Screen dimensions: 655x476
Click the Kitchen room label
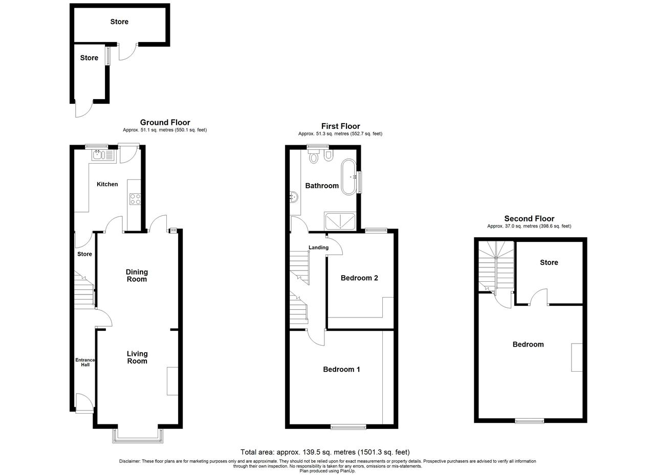pos(107,184)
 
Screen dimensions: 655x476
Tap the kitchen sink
pos(104,155)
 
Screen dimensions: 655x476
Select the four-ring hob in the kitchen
pos(135,199)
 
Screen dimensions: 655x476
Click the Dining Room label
pos(137,276)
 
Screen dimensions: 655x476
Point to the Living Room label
pos(137,357)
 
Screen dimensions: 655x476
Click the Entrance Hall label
pos(85,362)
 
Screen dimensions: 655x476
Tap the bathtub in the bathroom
pos(348,177)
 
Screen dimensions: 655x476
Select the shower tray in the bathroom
pos(340,221)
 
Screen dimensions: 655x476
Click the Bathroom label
pos(322,186)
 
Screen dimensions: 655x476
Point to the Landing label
pos(318,247)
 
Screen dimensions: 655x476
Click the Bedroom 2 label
pos(359,278)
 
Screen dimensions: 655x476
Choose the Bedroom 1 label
pos(341,369)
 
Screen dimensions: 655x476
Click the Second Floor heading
pos(529,218)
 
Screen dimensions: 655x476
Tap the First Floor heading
pos(341,126)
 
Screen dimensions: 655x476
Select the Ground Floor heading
pos(165,122)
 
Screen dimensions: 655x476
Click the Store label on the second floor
pos(549,262)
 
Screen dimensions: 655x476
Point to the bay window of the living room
pos(138,437)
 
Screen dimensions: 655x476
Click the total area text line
pos(325,452)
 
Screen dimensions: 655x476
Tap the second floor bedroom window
pos(530,421)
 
